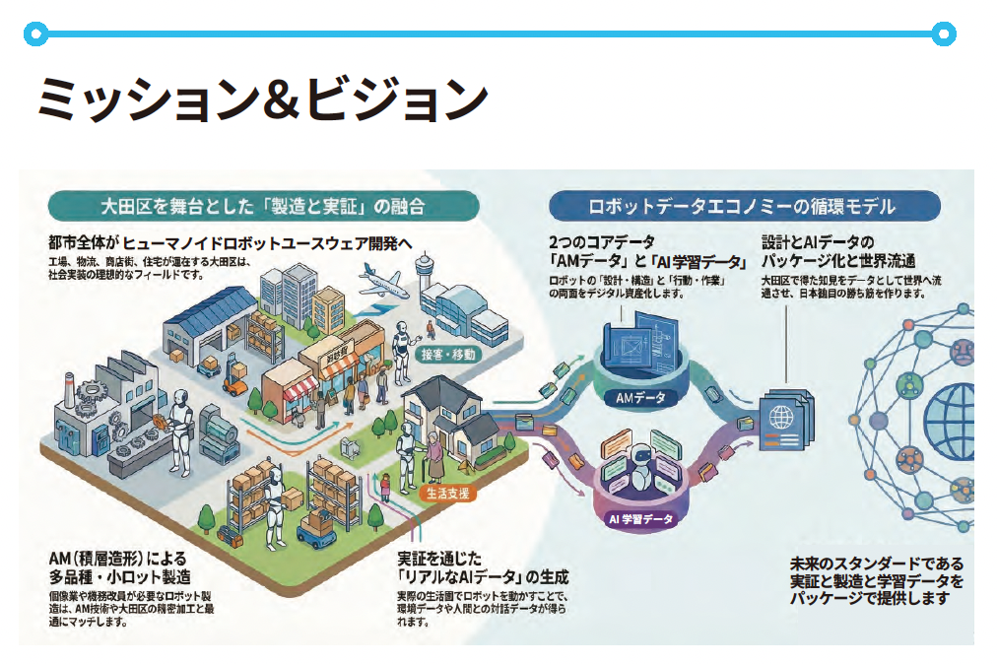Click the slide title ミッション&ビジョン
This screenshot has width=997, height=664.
point(262,99)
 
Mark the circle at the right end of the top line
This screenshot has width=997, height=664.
point(943,34)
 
